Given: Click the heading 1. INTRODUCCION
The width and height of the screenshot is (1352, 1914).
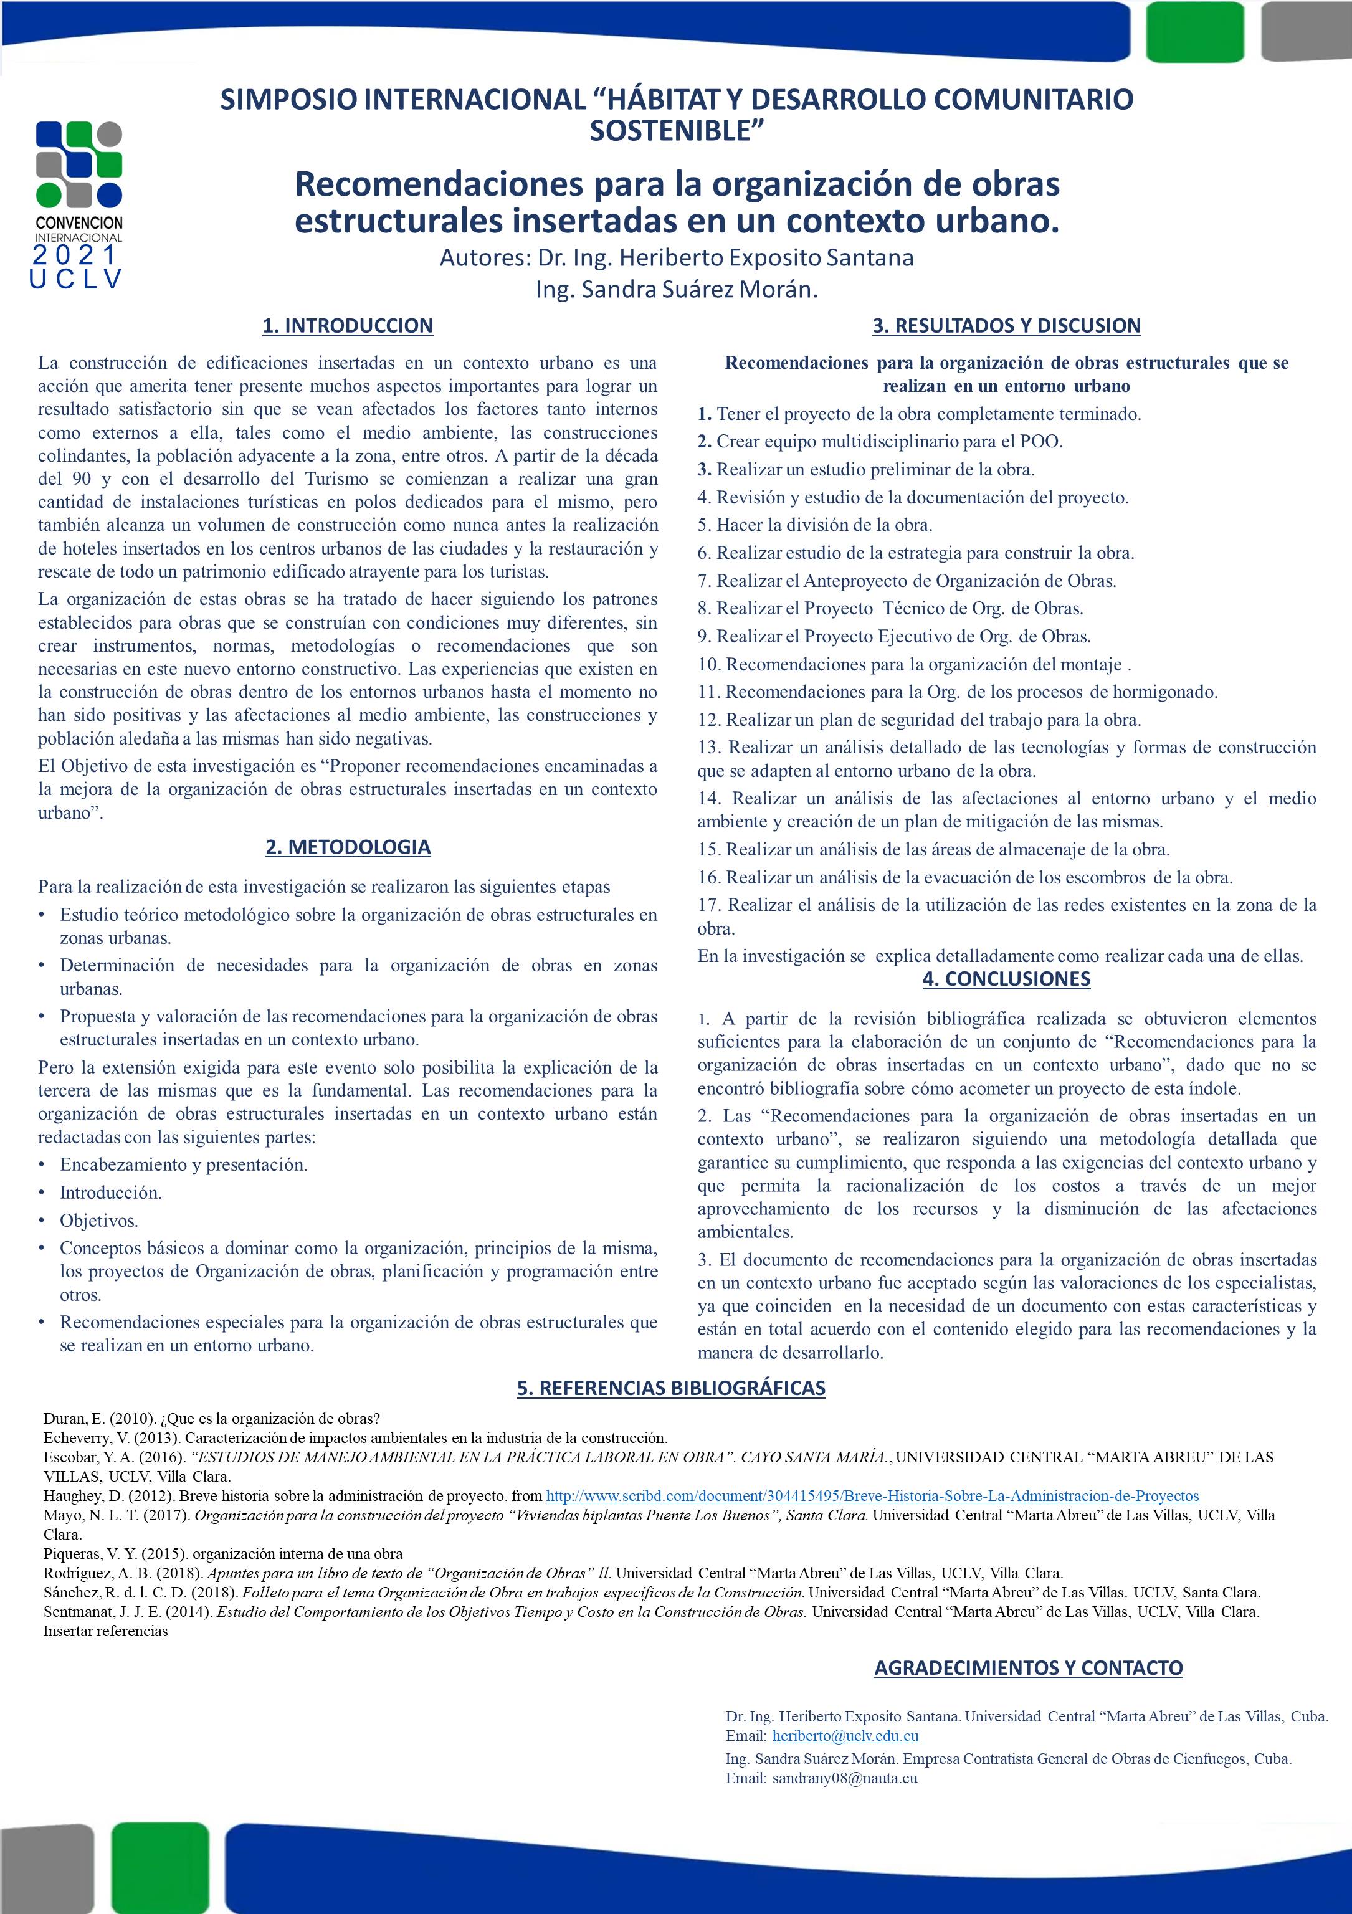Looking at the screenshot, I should pyautogui.click(x=348, y=326).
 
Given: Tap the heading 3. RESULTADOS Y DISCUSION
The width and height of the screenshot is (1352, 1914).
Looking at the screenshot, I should pyautogui.click(x=1006, y=326).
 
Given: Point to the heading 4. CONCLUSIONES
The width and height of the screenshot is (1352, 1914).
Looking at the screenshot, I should pyautogui.click(x=1006, y=979).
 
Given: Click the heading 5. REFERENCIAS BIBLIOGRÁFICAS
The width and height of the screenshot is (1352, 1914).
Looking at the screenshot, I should pyautogui.click(x=671, y=1388).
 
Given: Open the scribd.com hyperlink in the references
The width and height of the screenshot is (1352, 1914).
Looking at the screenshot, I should pyautogui.click(x=872, y=1497).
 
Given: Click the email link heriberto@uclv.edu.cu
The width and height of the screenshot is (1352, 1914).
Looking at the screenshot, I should pyautogui.click(x=845, y=1736).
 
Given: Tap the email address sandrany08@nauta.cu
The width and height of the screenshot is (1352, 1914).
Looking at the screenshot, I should pyautogui.click(x=844, y=1778).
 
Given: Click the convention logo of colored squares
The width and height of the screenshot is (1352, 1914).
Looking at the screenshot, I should pyautogui.click(x=79, y=164).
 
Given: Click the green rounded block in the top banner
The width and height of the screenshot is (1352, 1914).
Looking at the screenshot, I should pyautogui.click(x=1194, y=31).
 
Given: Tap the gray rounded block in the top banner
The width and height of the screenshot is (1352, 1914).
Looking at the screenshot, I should pyautogui.click(x=1306, y=31).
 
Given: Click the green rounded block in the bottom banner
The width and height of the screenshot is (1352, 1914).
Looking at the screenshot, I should pyautogui.click(x=160, y=1867).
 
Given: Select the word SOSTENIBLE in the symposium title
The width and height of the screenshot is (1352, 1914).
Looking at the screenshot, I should pyautogui.click(x=676, y=131).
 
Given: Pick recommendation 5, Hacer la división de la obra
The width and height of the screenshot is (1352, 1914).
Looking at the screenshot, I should pyautogui.click(x=815, y=525).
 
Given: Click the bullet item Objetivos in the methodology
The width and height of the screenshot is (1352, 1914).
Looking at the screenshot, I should pyautogui.click(x=98, y=1221).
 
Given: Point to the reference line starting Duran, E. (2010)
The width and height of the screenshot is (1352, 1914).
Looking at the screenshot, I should pyautogui.click(x=212, y=1419).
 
